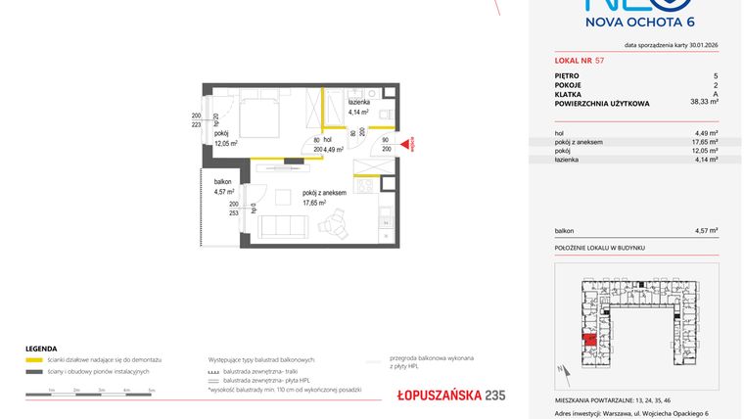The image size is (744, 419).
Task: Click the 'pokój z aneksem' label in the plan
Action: [325, 194]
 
